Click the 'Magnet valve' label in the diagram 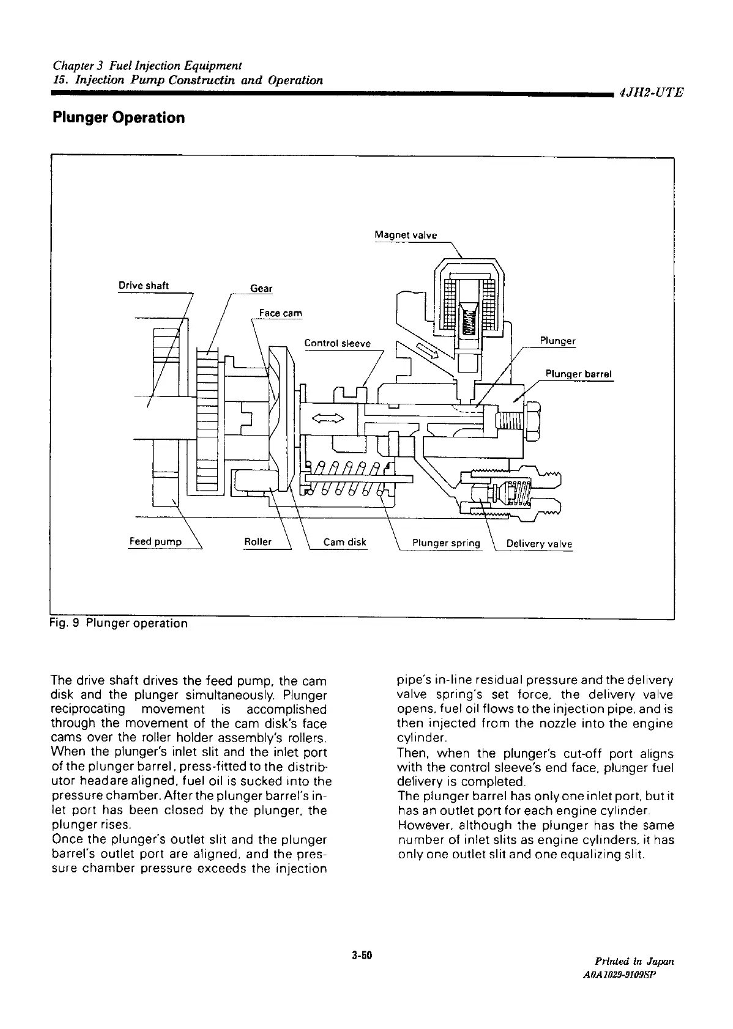406,235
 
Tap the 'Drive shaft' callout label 144,286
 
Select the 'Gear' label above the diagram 262,288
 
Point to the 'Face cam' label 281,313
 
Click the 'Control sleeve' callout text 338,343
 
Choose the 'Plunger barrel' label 579,374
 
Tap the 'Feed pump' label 155,542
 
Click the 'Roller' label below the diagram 258,542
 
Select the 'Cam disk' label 344,542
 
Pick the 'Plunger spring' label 447,543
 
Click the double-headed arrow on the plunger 328,418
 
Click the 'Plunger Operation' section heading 119,117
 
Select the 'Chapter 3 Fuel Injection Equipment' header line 147,65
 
